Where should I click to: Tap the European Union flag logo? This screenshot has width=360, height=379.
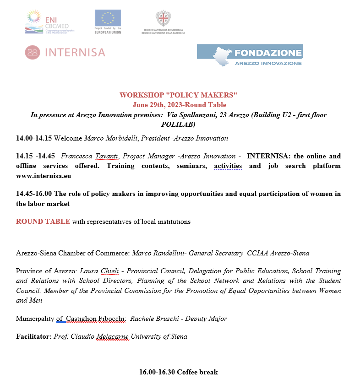point(108,18)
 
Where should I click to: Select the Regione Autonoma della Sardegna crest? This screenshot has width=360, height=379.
point(163,19)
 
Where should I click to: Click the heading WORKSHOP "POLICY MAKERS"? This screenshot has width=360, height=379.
point(178,95)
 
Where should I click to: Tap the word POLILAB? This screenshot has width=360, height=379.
point(178,124)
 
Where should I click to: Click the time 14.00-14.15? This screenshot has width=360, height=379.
point(34,138)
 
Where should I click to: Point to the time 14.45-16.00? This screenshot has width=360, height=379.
point(34,194)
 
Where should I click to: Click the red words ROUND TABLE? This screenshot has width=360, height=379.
point(43,222)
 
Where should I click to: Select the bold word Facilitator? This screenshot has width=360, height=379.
point(33,336)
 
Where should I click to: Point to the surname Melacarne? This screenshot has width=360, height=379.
point(113,336)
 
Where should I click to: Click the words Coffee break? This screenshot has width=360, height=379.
point(197,372)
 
